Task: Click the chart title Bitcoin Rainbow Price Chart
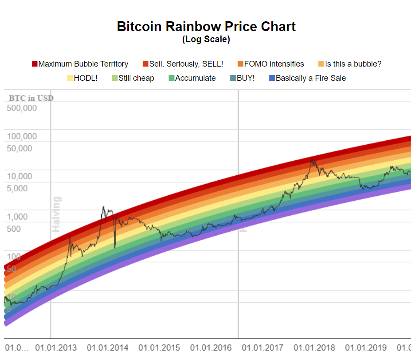point(206,27)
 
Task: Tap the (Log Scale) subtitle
point(206,40)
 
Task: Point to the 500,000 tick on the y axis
point(22,108)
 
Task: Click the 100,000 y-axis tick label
point(22,136)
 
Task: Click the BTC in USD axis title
point(31,98)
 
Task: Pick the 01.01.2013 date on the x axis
point(56,348)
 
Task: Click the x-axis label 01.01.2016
point(211,348)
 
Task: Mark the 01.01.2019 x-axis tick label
point(366,348)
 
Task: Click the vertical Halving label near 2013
point(57,214)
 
